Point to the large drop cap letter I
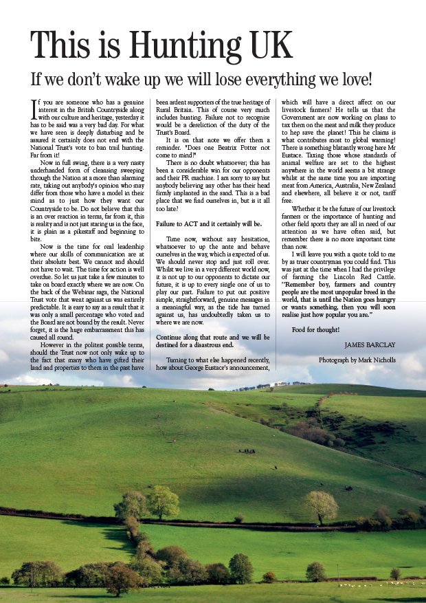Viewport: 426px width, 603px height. click(x=36, y=110)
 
